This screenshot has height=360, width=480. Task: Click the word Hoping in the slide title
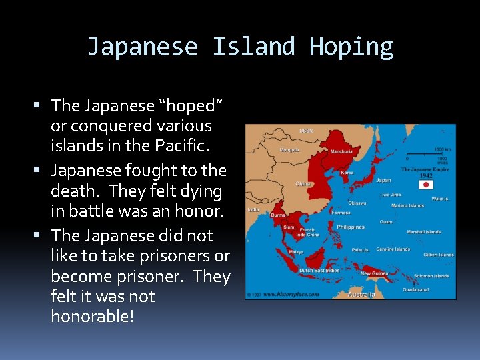351,47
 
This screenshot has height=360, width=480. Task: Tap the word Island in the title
253,47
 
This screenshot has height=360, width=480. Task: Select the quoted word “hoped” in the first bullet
190,105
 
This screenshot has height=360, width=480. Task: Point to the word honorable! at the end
92,316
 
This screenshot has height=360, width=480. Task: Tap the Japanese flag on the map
425,184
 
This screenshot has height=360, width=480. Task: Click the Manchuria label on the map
341,151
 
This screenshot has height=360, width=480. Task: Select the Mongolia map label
289,149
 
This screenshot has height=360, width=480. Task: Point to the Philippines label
351,227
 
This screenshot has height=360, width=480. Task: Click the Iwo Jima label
391,195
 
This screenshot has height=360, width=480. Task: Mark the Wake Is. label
441,199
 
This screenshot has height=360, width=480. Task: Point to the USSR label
306,131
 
